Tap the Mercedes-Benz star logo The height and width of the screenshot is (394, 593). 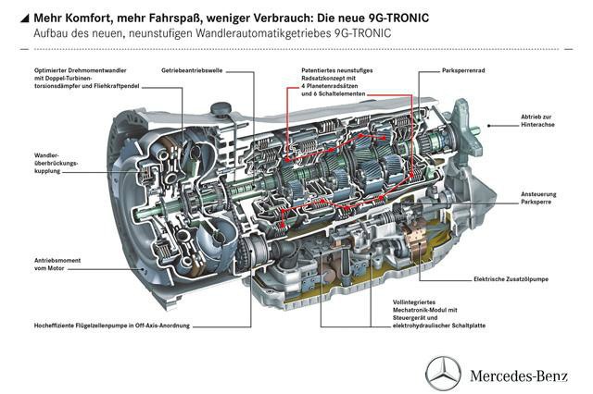[443, 373]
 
